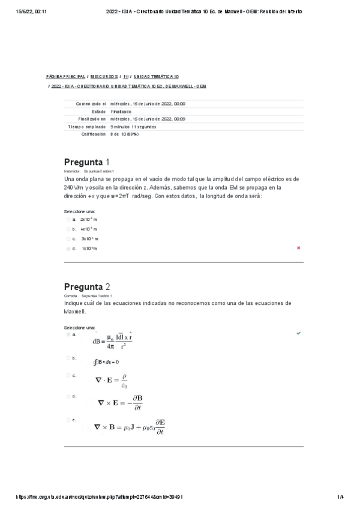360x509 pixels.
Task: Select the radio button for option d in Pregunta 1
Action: click(68, 248)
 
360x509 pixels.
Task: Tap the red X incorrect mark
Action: click(298, 247)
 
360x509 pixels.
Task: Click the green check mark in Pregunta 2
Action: click(298, 333)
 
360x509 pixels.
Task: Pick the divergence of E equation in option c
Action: click(112, 380)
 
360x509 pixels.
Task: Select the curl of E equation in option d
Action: click(120, 403)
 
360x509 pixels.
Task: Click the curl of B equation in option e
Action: click(130, 427)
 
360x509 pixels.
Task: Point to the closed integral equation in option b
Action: click(106, 362)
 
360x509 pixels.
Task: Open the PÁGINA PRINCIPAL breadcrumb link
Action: click(66, 77)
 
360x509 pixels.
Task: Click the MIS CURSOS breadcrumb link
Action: click(104, 77)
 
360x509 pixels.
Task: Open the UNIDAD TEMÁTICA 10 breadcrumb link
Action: click(156, 77)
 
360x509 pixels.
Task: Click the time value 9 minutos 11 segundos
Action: click(133, 127)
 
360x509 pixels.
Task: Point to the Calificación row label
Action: click(94, 134)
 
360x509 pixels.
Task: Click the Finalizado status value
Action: click(121, 111)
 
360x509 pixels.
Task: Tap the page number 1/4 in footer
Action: click(340, 497)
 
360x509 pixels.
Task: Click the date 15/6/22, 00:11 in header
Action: click(29, 11)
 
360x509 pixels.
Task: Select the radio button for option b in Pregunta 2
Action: click(68, 358)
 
